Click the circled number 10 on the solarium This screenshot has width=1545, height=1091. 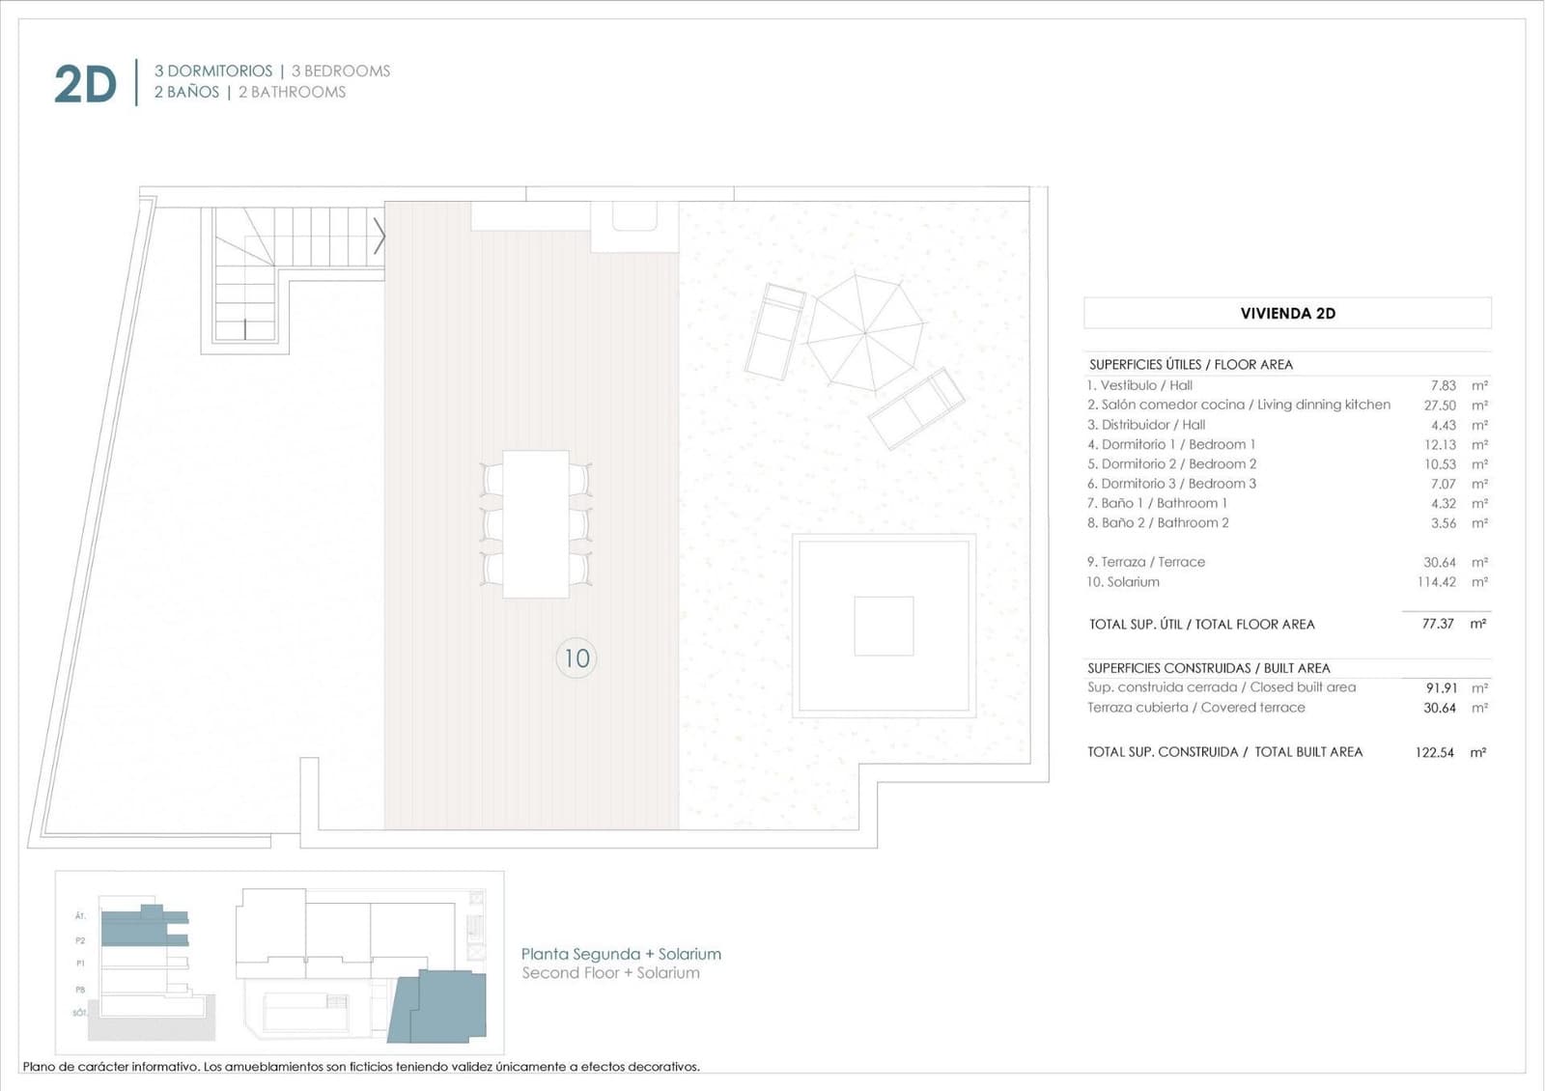pyautogui.click(x=576, y=658)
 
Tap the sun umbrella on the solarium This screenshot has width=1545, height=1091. pyautogui.click(x=865, y=332)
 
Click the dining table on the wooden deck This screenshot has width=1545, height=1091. pyautogui.click(x=535, y=523)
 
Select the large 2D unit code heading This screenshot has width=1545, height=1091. pyautogui.click(x=85, y=85)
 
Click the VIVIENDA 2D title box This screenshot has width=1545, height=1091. pyautogui.click(x=1287, y=313)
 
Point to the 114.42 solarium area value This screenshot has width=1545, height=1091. pyautogui.click(x=1436, y=582)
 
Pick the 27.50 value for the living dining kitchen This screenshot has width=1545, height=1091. pyautogui.click(x=1439, y=406)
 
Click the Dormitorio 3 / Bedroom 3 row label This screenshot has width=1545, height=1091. pyautogui.click(x=1171, y=484)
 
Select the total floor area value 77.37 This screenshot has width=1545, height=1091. pyautogui.click(x=1437, y=624)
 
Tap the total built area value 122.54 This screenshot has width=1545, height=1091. pyautogui.click(x=1434, y=752)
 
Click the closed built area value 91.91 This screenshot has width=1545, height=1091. pyautogui.click(x=1441, y=687)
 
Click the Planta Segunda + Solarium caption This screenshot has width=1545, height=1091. pyautogui.click(x=621, y=954)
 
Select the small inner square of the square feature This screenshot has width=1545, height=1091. pyautogui.click(x=883, y=626)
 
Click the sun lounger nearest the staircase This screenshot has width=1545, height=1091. pyautogui.click(x=775, y=330)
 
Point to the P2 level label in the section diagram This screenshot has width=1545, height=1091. pyautogui.click(x=80, y=939)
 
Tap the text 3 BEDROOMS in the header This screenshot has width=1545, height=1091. pyautogui.click(x=341, y=70)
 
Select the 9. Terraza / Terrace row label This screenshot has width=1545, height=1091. pyautogui.click(x=1145, y=562)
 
